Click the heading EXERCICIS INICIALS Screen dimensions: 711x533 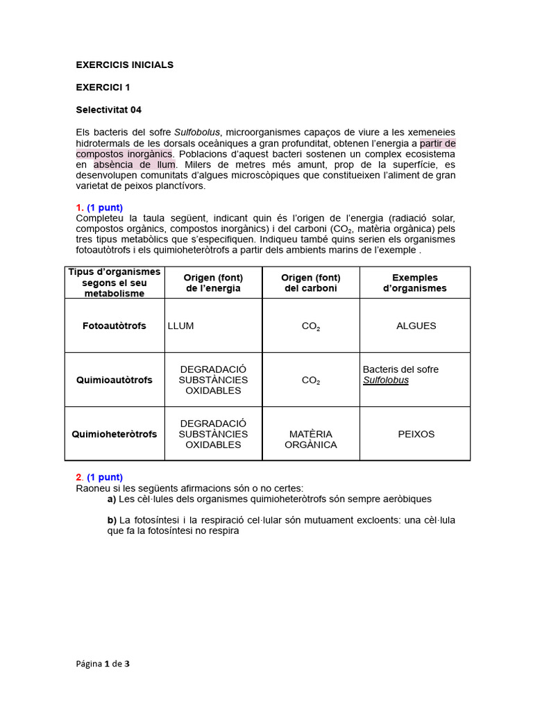click(x=124, y=65)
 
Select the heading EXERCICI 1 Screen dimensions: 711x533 click(x=103, y=87)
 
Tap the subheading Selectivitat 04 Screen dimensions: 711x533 click(x=108, y=109)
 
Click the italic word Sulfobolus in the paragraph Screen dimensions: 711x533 click(x=196, y=132)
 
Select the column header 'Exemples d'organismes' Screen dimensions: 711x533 click(x=414, y=283)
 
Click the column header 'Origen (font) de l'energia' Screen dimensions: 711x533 click(x=213, y=283)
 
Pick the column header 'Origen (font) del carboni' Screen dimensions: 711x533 click(x=310, y=283)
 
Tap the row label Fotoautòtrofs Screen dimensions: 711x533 click(x=115, y=326)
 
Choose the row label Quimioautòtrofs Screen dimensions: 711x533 click(x=115, y=380)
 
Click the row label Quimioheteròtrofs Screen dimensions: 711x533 click(x=115, y=434)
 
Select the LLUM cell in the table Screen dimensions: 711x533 click(x=181, y=326)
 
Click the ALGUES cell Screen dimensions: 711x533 click(x=416, y=326)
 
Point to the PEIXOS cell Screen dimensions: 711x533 click(x=416, y=434)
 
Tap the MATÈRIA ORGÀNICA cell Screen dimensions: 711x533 click(x=310, y=439)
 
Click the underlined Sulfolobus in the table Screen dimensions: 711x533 click(x=386, y=380)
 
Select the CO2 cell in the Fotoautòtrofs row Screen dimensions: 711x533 click(x=310, y=326)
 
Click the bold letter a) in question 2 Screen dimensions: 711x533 click(x=112, y=499)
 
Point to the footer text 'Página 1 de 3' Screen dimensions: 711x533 click(x=103, y=663)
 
